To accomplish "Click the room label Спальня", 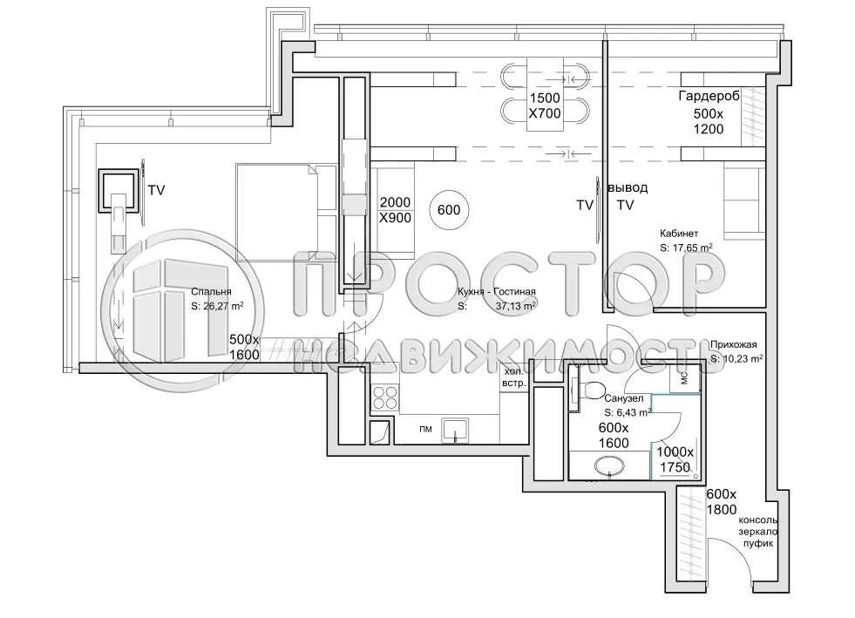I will [210, 293].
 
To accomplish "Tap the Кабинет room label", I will [680, 234].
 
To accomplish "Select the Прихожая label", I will [732, 344].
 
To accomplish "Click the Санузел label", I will [624, 398].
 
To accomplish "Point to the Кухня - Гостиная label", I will [495, 293].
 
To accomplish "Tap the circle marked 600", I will [450, 210].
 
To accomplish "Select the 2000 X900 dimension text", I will [395, 210].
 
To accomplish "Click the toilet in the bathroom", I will [595, 390].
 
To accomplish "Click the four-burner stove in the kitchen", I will [386, 398].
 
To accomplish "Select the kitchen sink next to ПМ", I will [456, 429].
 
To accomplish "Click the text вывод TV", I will [627, 196].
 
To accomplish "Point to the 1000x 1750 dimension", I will [675, 459].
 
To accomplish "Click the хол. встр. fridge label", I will [513, 377].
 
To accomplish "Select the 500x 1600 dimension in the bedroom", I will [244, 347].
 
